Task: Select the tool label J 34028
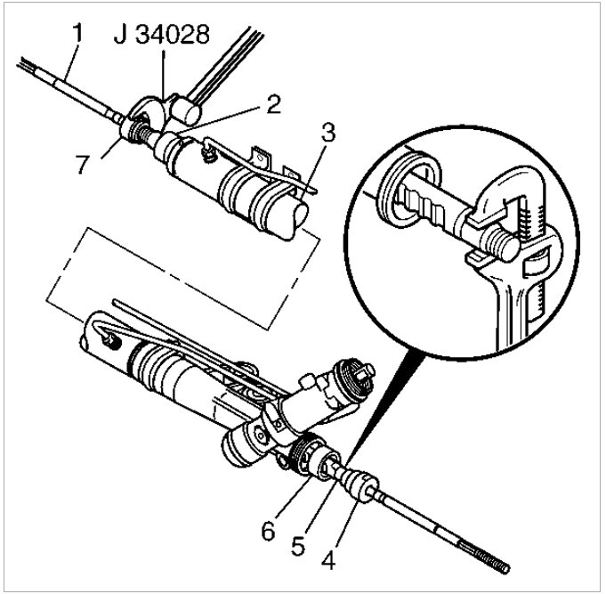(161, 36)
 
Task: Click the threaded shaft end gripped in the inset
(499, 240)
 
